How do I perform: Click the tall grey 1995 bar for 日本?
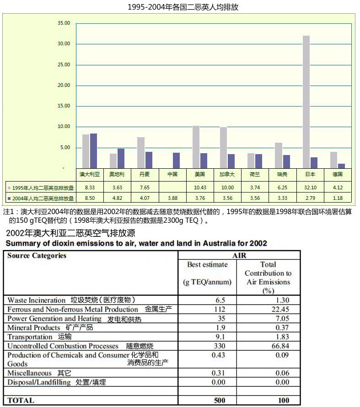(306, 102)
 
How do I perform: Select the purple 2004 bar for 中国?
(176, 161)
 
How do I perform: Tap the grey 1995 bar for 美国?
(196, 147)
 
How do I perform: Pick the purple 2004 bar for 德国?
(341, 166)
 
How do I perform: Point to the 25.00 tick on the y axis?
(64, 64)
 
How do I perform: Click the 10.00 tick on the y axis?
(64, 126)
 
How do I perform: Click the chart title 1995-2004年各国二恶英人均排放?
(183, 7)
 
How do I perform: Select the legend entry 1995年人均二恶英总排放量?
(41, 187)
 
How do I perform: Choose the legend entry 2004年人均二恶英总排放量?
(41, 198)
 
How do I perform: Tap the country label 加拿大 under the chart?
(227, 174)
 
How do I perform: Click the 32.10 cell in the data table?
(310, 187)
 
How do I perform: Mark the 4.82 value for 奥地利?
(117, 198)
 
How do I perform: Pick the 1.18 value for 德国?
(338, 198)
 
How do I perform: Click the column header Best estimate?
(207, 264)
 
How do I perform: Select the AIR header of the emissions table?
(239, 256)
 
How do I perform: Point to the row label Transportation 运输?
(39, 337)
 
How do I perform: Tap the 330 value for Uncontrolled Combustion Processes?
(220, 346)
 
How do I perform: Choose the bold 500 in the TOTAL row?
(220, 400)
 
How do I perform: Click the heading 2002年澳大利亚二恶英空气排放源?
(70, 233)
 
